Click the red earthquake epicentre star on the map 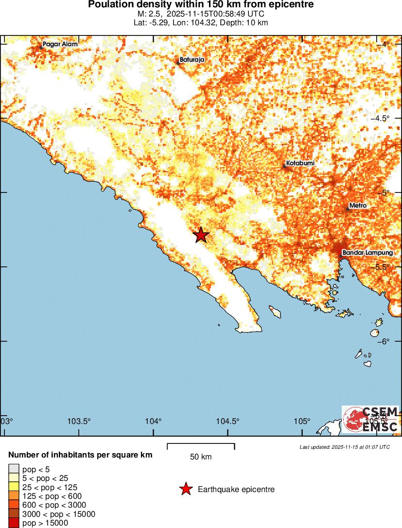[201, 235]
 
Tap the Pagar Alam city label [60, 44]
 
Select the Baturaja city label [192, 60]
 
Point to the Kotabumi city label [300, 163]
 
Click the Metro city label [358, 206]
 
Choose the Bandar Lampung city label [367, 253]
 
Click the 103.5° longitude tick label [79, 421]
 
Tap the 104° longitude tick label [155, 421]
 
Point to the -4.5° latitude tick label [381, 119]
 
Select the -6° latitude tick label [384, 341]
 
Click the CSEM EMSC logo [370, 419]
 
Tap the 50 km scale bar [201, 446]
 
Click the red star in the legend [185, 489]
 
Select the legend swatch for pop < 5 [13, 469]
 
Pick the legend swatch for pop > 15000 [13, 523]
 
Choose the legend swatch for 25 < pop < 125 [13, 487]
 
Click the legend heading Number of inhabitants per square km [81, 455]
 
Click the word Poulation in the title [109, 5]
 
